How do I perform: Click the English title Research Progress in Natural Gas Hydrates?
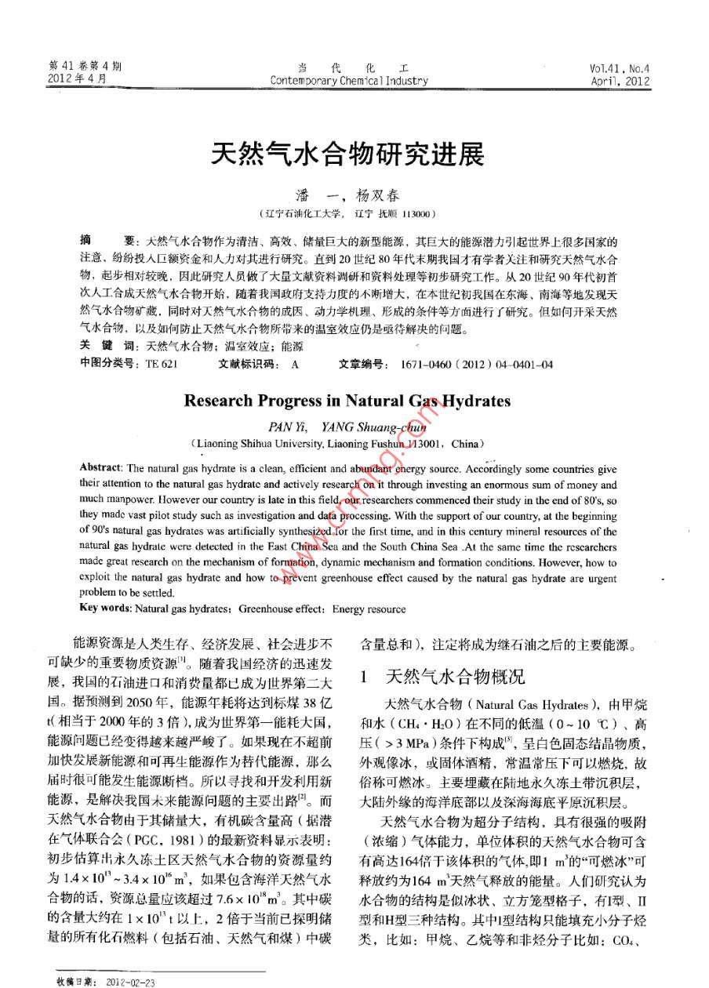[x=347, y=401]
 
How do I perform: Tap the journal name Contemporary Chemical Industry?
[x=349, y=80]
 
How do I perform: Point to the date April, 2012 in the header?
[x=620, y=80]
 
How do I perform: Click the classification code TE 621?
[x=162, y=365]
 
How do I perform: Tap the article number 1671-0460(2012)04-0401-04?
[x=476, y=365]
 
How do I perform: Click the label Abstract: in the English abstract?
[x=100, y=468]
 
